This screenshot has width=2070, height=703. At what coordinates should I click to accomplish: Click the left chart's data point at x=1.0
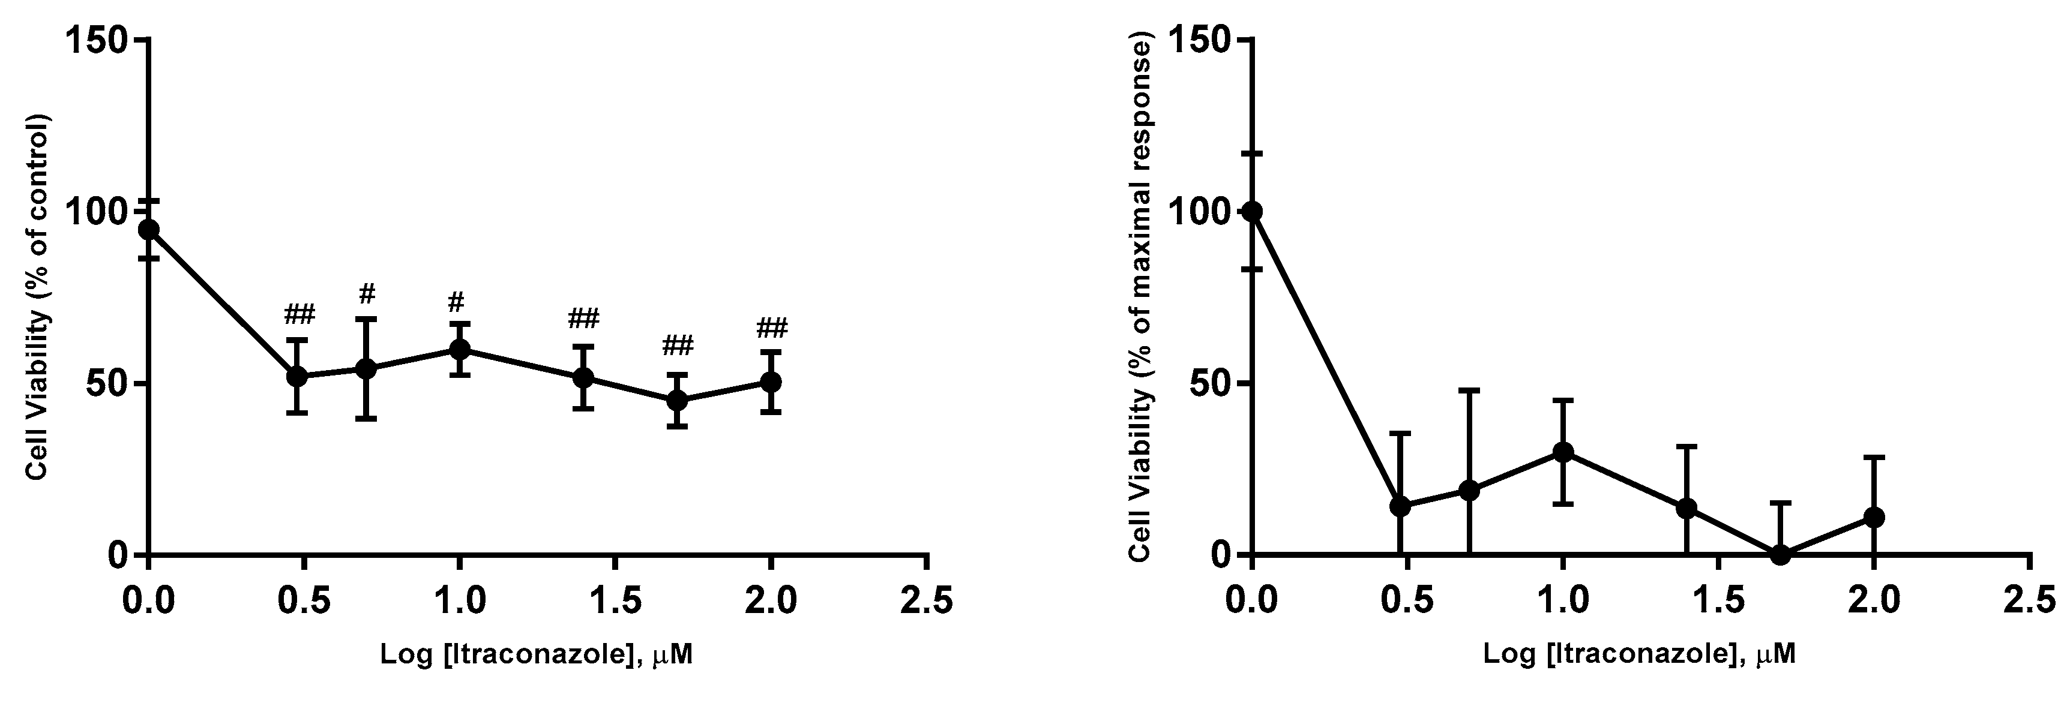460,349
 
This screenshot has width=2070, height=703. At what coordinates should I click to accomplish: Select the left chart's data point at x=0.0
149,230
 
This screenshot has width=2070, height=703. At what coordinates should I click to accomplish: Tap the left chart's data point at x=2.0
771,381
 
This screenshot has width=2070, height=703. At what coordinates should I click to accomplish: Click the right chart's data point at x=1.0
1562,452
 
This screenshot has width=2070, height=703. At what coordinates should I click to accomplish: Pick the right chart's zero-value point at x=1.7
1780,554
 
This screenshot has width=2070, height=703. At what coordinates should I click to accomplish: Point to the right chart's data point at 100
1252,211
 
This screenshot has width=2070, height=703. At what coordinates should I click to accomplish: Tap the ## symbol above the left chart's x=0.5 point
299,314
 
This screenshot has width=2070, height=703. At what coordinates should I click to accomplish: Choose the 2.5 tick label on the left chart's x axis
927,601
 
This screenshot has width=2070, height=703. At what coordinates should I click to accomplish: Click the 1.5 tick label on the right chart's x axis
1718,601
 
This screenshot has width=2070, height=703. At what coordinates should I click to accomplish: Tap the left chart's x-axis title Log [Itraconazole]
536,655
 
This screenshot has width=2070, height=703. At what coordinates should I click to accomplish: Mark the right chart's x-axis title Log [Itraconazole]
1639,655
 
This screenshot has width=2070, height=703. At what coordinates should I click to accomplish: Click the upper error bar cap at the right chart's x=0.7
1469,390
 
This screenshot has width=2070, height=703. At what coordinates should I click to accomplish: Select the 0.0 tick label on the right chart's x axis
1252,601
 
